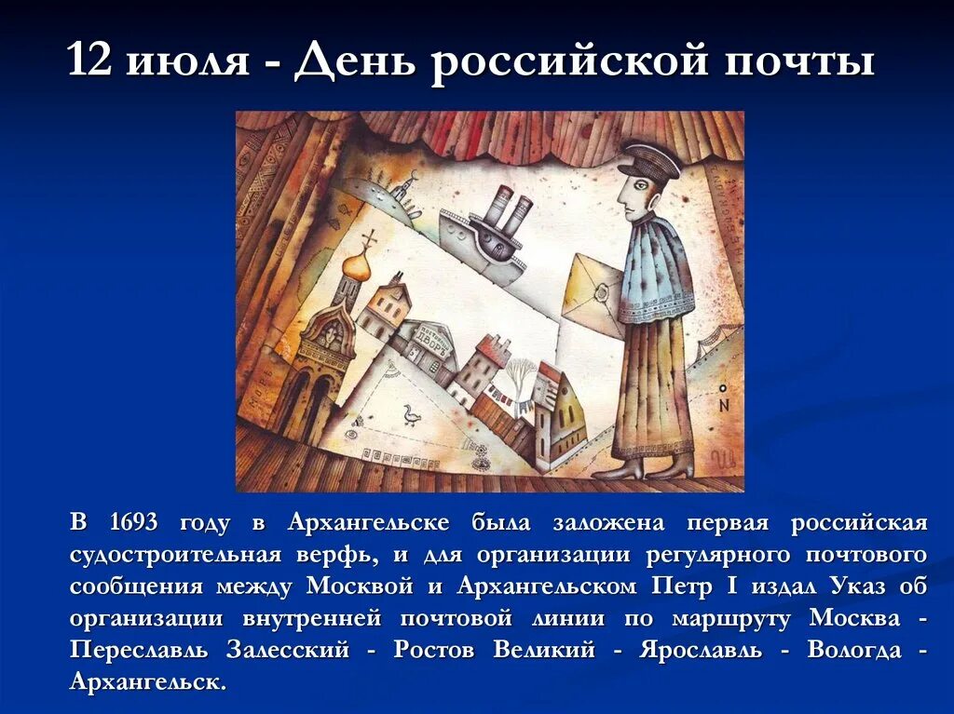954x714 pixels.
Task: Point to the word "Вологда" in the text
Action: point(854,650)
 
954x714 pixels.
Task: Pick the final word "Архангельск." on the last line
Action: point(148,681)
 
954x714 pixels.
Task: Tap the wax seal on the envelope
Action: point(602,297)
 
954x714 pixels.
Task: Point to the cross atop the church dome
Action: point(369,238)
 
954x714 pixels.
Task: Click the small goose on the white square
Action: point(410,414)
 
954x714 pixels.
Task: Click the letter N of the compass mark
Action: point(724,405)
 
